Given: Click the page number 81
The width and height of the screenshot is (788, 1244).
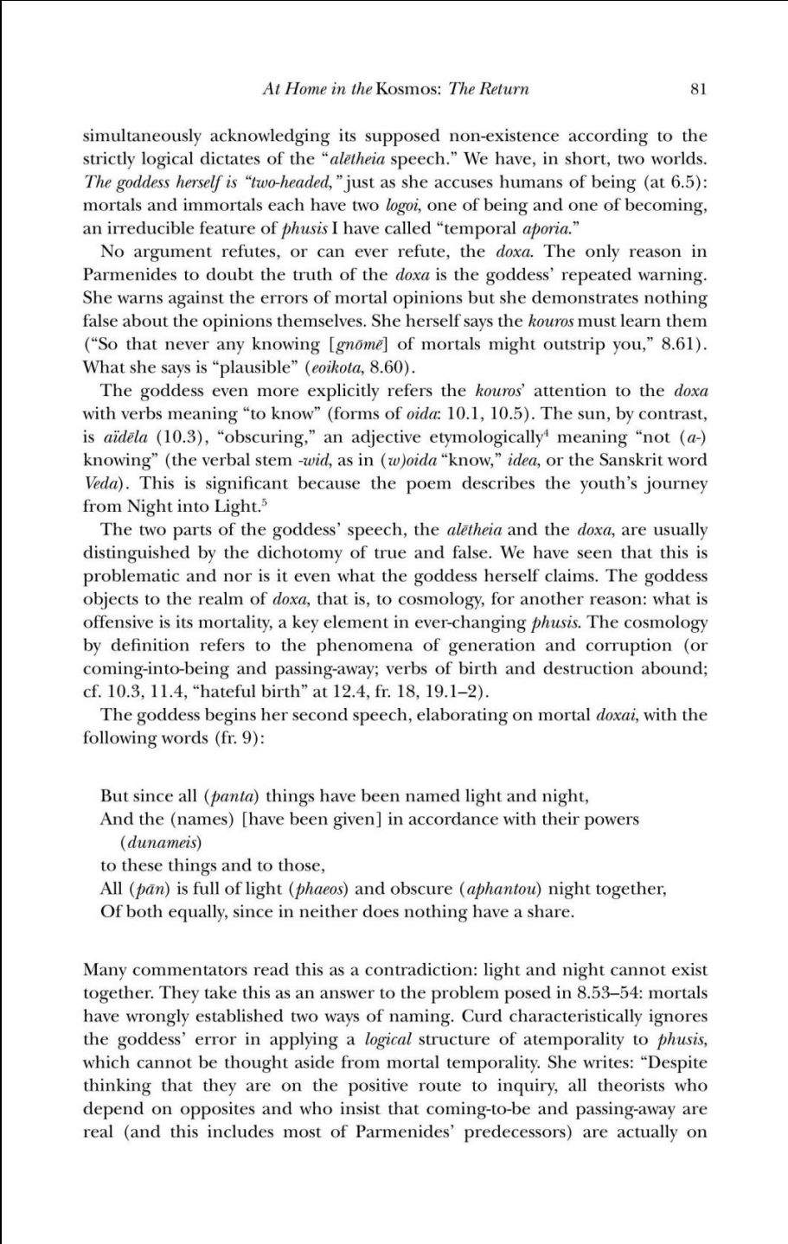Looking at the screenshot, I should [700, 89].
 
